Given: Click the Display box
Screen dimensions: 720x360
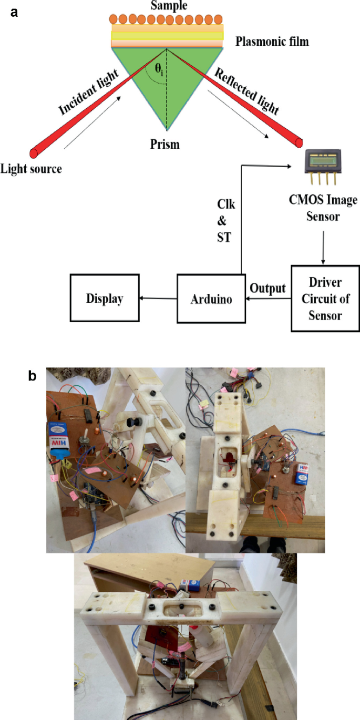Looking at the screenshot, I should point(105,299).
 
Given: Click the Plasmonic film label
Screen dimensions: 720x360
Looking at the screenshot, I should point(272,42).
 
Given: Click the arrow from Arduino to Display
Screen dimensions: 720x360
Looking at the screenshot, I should point(158,299).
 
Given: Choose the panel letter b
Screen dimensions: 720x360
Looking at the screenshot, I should point(33,376).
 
